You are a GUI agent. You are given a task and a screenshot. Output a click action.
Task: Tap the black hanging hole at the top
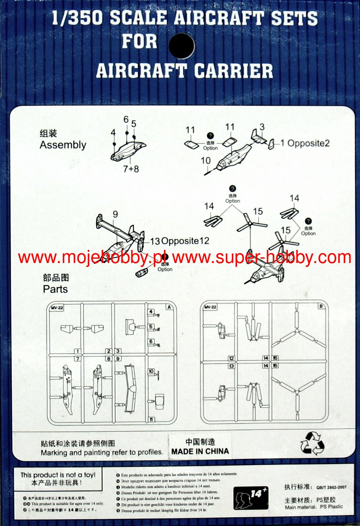tap(181, 45)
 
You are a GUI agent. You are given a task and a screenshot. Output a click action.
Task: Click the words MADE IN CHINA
tap(200, 451)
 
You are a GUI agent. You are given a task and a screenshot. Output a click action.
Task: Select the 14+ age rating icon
tap(250, 497)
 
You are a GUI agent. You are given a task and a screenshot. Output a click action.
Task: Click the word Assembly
tap(63, 145)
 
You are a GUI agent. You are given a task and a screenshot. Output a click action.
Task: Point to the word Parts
tap(55, 289)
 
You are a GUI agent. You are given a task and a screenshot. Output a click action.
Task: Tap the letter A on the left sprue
tap(169, 307)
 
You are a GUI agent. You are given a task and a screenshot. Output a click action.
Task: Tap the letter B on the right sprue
tap(321, 306)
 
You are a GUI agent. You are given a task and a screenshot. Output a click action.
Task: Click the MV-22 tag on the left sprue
tap(56, 307)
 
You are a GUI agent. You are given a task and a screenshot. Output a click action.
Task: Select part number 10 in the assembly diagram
tap(206, 161)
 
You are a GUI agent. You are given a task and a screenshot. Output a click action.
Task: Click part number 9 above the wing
tap(115, 214)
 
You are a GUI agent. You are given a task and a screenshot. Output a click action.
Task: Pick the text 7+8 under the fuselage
tap(131, 169)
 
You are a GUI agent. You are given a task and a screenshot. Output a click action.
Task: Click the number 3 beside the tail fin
tap(262, 127)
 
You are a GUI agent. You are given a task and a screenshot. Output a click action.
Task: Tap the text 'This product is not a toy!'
tap(58, 475)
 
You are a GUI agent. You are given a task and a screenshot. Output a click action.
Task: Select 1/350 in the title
tap(76, 19)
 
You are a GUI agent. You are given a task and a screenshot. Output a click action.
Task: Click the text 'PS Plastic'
tap(329, 507)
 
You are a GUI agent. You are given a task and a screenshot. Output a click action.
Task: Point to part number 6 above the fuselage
tap(126, 120)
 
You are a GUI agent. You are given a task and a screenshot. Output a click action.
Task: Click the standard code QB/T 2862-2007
tap(331, 487)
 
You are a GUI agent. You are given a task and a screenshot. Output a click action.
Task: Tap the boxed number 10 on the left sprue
tap(151, 371)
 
